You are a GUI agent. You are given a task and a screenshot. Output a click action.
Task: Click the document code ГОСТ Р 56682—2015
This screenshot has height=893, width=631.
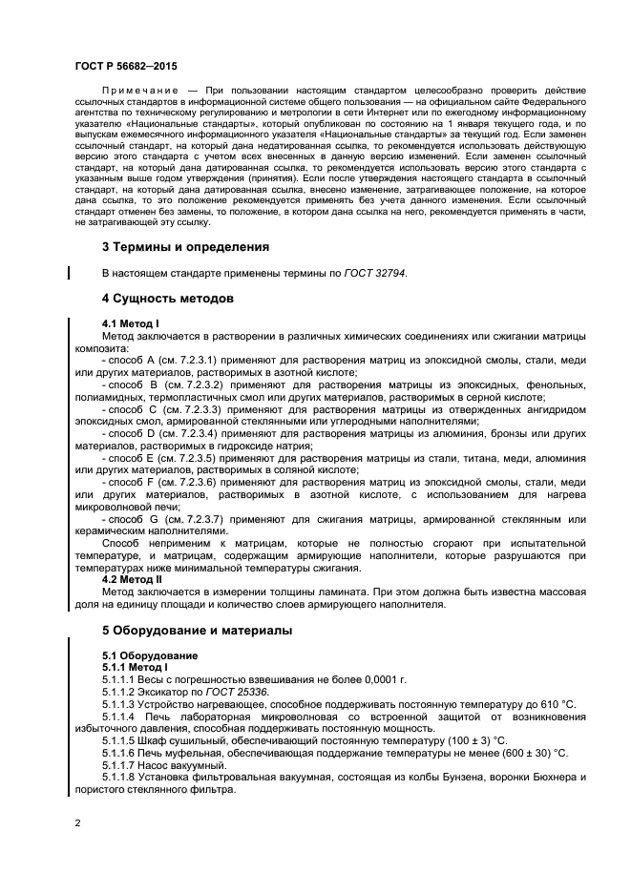(x=124, y=65)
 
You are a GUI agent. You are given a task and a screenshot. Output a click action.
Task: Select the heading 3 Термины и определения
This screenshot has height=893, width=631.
(x=185, y=246)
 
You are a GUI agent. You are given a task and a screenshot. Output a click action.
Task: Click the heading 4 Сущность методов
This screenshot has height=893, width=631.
(x=167, y=299)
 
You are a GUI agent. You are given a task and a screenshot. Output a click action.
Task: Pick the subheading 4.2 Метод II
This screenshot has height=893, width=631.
(x=132, y=579)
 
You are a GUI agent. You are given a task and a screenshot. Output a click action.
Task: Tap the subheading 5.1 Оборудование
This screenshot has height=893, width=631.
(x=150, y=655)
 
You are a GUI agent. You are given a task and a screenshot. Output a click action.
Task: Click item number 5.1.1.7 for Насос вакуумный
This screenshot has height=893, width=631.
(x=122, y=765)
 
